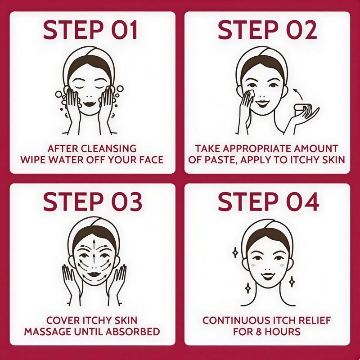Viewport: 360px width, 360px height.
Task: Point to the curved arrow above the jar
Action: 298,94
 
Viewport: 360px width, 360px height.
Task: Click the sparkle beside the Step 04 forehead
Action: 235,253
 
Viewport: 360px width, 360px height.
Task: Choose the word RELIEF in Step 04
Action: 315,320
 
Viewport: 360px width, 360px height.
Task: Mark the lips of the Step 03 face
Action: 94,274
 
